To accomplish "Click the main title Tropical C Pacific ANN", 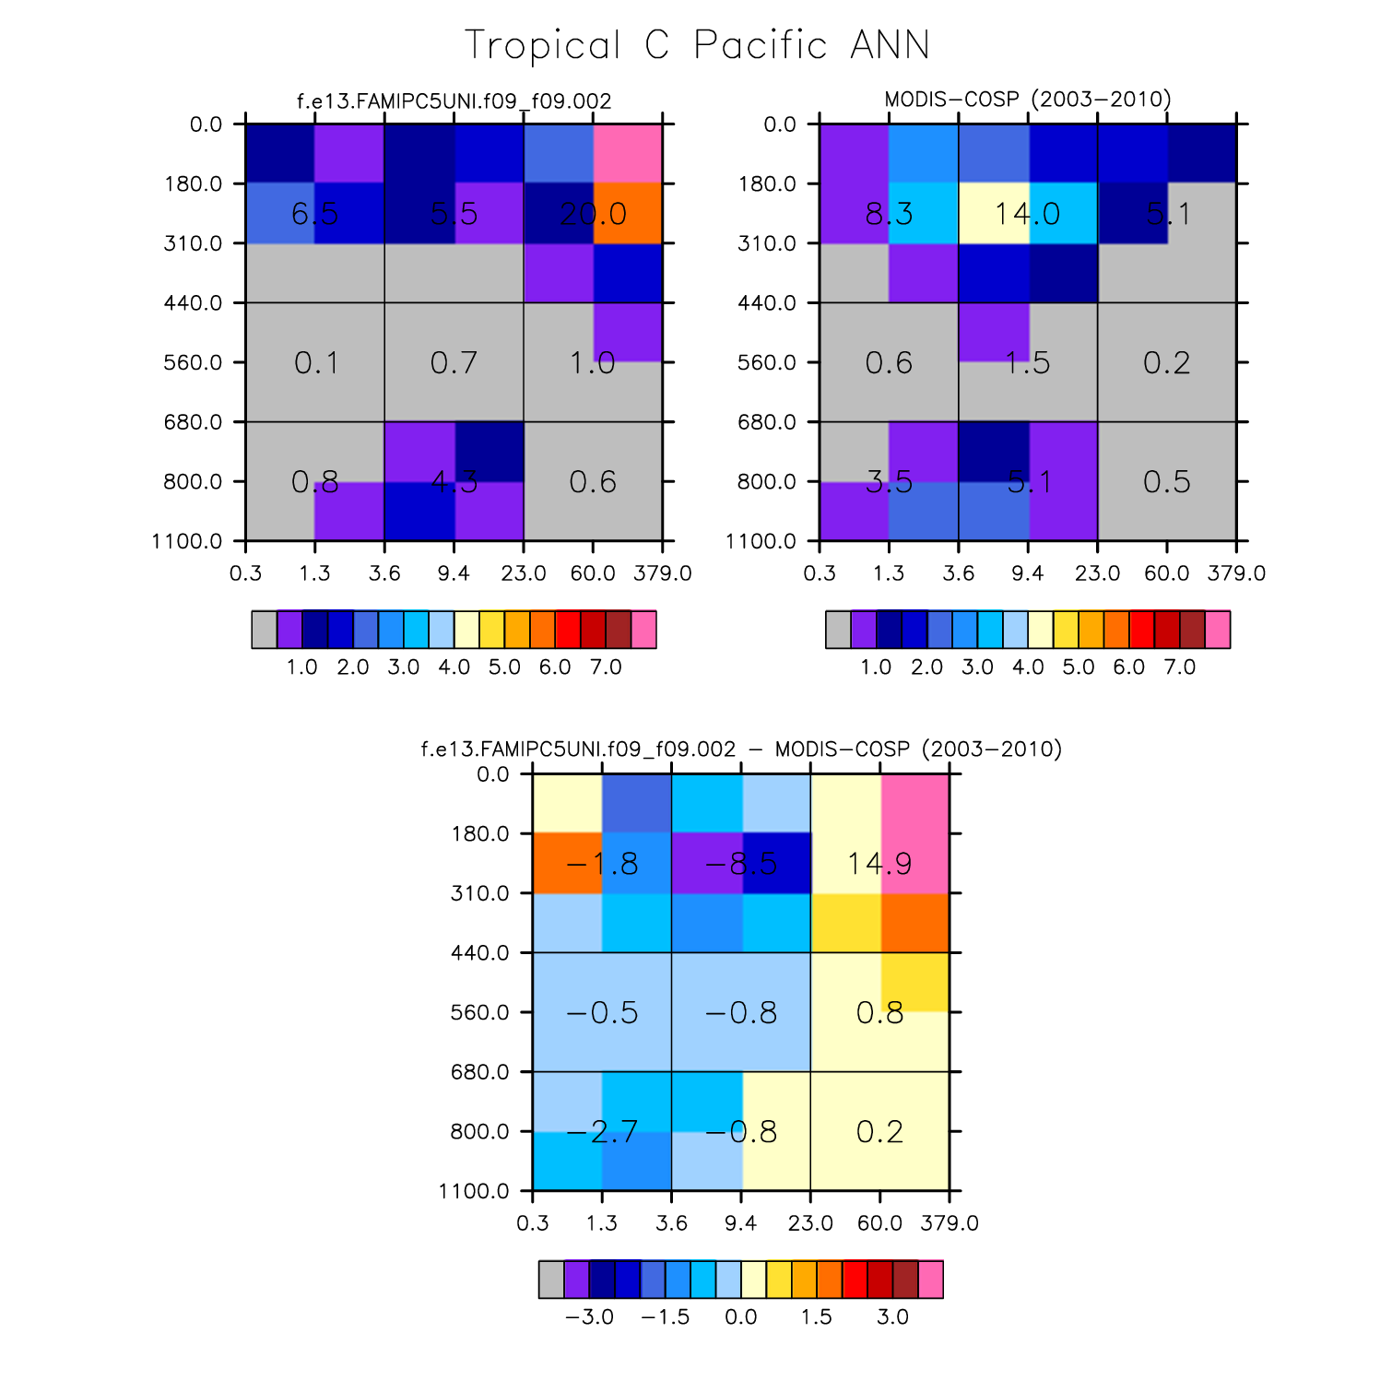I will click(696, 45).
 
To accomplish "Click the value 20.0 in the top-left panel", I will click(593, 214).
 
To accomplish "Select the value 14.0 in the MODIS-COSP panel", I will click(1027, 214).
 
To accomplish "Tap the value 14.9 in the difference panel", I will click(879, 864).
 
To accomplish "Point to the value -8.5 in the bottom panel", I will click(740, 864).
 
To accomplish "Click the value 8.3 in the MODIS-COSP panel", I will click(889, 214).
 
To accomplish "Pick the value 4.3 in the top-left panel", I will click(454, 481).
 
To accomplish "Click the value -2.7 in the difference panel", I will click(601, 1131).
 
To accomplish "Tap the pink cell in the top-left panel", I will click(628, 153).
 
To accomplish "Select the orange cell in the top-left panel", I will click(628, 213).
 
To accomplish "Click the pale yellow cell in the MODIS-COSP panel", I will click(994, 213).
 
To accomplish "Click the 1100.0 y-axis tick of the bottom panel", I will click(475, 1191).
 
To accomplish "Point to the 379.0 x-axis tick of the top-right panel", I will click(1236, 573).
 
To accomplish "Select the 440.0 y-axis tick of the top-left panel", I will click(194, 302).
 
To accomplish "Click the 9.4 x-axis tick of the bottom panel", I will click(741, 1223).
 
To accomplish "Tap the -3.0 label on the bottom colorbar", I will click(589, 1316).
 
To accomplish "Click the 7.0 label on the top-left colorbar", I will click(606, 667).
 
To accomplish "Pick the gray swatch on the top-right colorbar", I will click(838, 630).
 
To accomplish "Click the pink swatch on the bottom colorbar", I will click(931, 1280).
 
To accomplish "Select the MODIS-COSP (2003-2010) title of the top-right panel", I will click(1027, 100).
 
